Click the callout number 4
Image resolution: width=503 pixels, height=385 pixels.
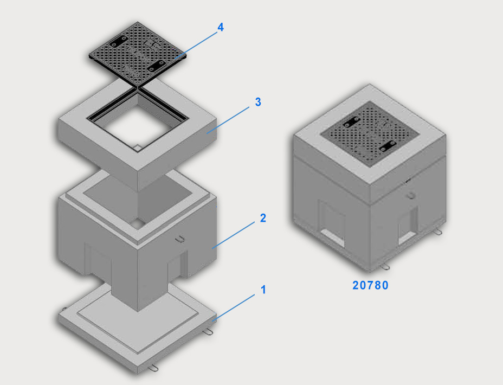pyautogui.click(x=221, y=27)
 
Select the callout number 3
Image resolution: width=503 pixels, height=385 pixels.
pyautogui.click(x=258, y=102)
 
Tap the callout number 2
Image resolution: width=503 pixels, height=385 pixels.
pyautogui.click(x=263, y=218)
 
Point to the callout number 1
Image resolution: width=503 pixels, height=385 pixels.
pyautogui.click(x=263, y=290)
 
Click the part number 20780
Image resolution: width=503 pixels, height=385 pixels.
pyautogui.click(x=371, y=285)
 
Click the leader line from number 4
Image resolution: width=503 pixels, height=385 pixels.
pyautogui.click(x=196, y=45)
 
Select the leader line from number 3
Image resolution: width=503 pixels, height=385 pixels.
pyautogui.click(x=228, y=120)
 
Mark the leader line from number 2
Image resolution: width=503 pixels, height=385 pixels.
pyautogui.click(x=233, y=235)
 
